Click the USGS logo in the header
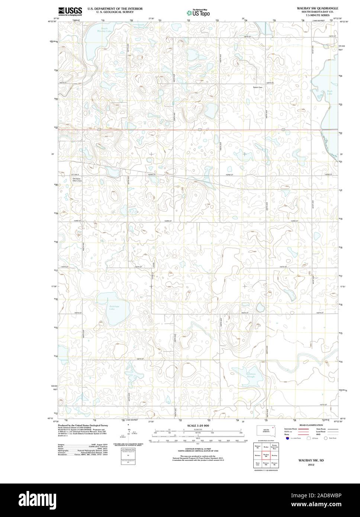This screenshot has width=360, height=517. [x=70, y=11]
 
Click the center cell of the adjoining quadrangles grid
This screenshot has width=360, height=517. [x=266, y=455]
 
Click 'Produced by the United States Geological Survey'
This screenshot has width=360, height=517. [x=83, y=425]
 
